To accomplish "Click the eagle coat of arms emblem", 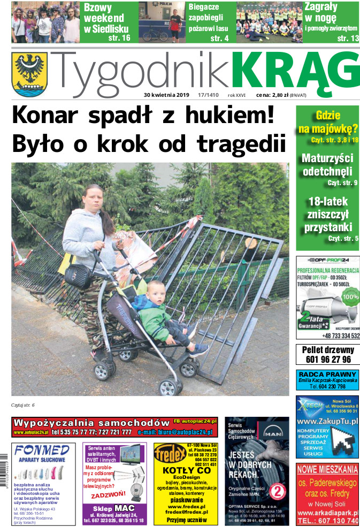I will [x=29, y=73].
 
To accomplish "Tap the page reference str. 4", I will [x=219, y=39].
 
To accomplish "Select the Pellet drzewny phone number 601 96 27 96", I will [x=327, y=360].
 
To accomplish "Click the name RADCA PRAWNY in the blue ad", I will [x=327, y=373].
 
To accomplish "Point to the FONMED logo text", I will [x=42, y=449].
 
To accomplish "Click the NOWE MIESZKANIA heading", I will [x=327, y=470].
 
